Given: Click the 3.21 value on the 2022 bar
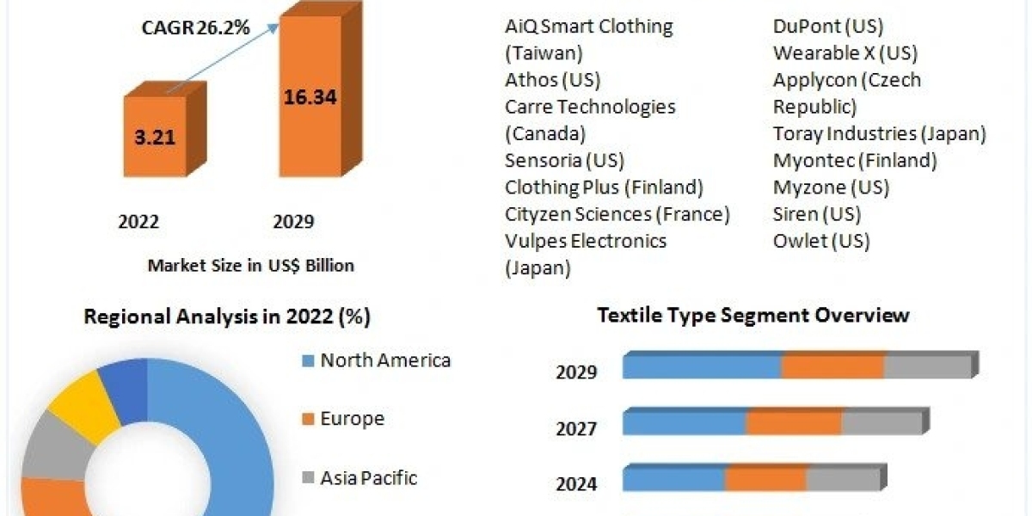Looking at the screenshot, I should [x=154, y=136].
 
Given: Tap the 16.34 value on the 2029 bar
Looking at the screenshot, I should [x=310, y=96].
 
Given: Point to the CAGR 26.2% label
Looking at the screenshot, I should [x=195, y=28].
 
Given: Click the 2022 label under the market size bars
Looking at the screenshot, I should [x=138, y=222].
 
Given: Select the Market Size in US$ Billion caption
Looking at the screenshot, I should [x=250, y=266].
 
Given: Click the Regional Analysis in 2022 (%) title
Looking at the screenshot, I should [x=227, y=316].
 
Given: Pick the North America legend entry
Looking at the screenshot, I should [x=384, y=360].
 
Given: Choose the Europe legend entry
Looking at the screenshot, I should [x=352, y=419].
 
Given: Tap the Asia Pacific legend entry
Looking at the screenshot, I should [x=368, y=477].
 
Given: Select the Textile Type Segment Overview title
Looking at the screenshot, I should [x=752, y=315].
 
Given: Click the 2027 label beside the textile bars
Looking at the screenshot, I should [x=576, y=428].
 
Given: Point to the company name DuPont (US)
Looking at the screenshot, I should [x=828, y=27].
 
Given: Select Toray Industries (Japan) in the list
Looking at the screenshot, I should [x=879, y=133].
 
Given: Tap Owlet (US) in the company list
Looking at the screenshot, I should [x=821, y=240].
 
